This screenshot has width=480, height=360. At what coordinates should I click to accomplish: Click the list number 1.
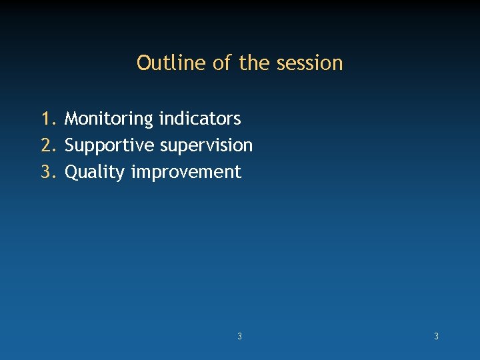pos(48,119)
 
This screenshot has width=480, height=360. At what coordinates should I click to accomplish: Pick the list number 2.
pos(48,145)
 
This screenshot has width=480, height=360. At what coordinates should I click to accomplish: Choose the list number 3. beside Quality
pos(48,172)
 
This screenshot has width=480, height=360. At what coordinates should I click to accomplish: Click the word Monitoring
pos(109,119)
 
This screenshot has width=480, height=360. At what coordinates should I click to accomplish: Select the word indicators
pos(199,119)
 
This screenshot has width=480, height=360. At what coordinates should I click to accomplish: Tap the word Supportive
pos(110,145)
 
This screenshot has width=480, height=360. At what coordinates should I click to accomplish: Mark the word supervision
pos(207,145)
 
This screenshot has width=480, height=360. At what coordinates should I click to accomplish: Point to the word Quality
pos(95,172)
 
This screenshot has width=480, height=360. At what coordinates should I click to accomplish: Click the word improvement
pos(186,172)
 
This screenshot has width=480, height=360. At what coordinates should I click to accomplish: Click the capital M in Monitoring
pos(71,119)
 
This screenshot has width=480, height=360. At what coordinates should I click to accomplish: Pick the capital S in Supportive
pos(69,145)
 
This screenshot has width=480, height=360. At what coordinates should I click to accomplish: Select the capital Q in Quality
pos(71,172)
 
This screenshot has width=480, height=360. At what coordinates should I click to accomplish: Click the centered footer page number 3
pos(239,337)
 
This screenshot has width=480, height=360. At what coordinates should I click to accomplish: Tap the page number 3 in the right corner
pos(436,337)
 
